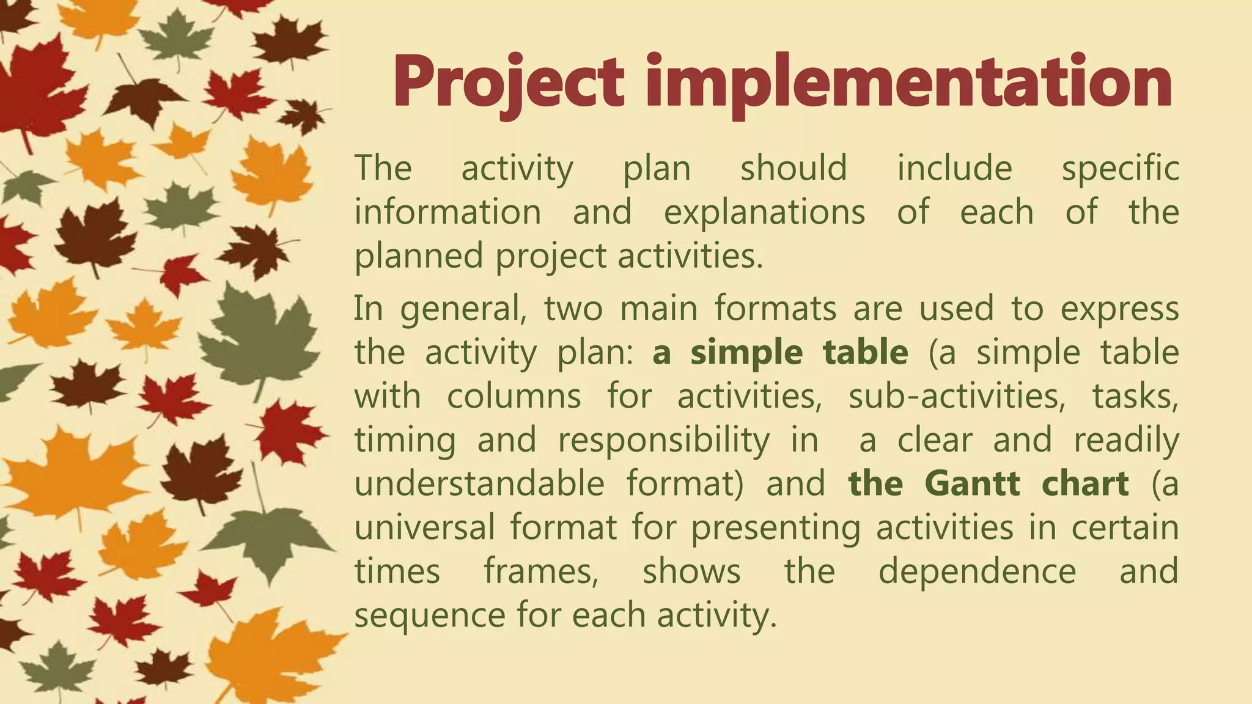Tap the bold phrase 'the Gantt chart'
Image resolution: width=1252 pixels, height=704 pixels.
[988, 483]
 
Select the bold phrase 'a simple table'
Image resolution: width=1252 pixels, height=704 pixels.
[780, 353]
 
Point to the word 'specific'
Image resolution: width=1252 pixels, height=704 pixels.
[1120, 169]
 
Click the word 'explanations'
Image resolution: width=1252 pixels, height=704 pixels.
[764, 212]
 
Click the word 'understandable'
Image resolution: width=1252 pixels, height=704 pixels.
[479, 483]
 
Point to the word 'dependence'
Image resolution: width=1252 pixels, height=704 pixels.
[977, 571]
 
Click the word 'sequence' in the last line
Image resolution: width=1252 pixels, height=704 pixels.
[430, 615]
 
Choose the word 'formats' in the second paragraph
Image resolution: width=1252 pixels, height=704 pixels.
[775, 308]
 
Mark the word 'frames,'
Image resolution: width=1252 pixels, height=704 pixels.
[541, 571]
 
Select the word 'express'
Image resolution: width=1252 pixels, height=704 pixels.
[1119, 309]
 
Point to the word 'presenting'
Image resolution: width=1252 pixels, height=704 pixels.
[776, 528]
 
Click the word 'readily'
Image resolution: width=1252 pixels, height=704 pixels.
[1126, 440]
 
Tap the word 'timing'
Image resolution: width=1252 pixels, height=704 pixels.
[405, 440]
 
